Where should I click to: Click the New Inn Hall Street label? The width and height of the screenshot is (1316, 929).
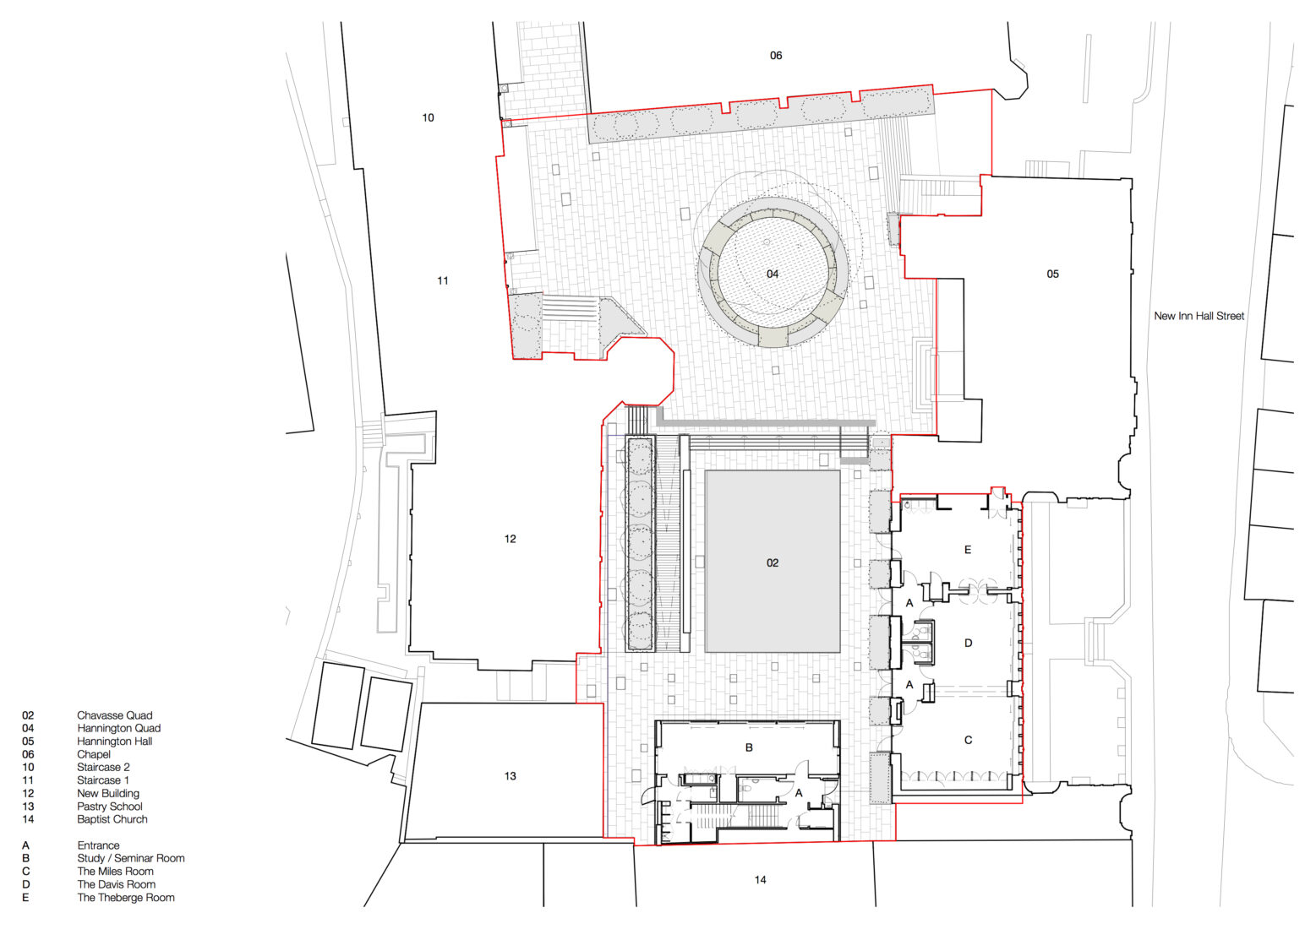[x=1199, y=316]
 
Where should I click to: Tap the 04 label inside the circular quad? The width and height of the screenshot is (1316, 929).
[x=773, y=274]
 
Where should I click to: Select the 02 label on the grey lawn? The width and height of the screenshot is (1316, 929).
[x=773, y=562]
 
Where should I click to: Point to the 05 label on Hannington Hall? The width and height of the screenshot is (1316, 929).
[x=1052, y=274]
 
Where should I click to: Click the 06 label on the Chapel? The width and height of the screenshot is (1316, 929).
[x=775, y=56]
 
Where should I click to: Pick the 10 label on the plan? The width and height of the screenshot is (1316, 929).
[x=428, y=117]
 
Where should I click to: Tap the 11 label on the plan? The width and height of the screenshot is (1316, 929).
[x=442, y=280]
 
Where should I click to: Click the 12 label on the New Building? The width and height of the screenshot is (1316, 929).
[x=510, y=539]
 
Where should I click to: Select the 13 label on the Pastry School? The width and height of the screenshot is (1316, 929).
[x=510, y=776]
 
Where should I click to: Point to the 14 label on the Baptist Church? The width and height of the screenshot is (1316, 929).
[x=760, y=880]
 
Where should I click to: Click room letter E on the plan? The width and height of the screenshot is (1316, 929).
[x=968, y=550]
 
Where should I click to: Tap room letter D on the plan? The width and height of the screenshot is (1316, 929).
[x=968, y=644]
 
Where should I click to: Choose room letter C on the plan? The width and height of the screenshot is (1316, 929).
[x=968, y=740]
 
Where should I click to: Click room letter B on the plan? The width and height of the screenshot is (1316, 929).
[x=749, y=747]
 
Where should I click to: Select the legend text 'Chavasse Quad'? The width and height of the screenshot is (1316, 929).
[x=114, y=715]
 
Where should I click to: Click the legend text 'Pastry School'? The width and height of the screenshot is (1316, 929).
[x=110, y=807]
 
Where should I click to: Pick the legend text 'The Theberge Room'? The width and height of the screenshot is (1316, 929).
[x=126, y=898]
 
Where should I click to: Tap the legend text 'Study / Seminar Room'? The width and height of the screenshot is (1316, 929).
[x=131, y=858]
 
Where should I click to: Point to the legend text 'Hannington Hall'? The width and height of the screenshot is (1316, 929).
[x=114, y=742]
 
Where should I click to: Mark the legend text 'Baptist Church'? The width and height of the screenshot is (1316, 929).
[x=112, y=819]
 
